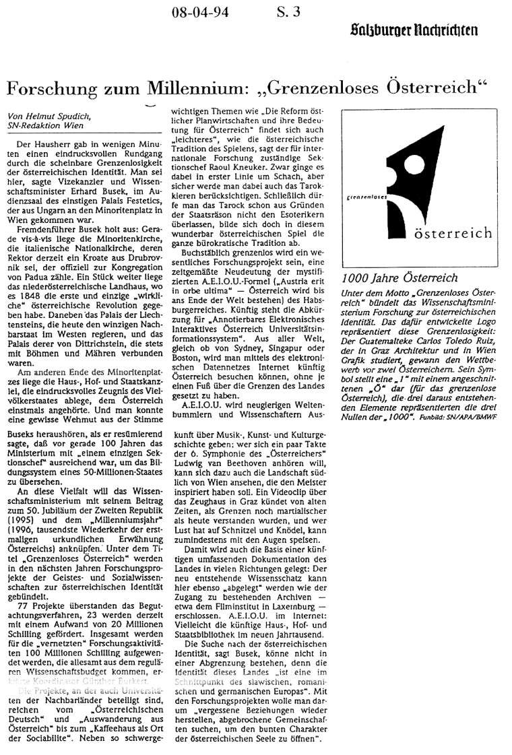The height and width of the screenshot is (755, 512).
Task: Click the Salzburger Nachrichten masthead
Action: tap(414, 29)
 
